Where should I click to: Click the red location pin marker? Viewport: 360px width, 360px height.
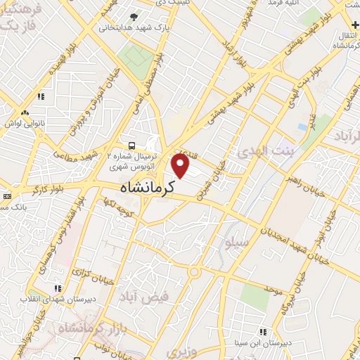[x=181, y=166]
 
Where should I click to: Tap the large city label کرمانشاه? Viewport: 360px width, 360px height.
[x=144, y=188]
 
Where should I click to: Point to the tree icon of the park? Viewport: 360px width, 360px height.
[x=134, y=15]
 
